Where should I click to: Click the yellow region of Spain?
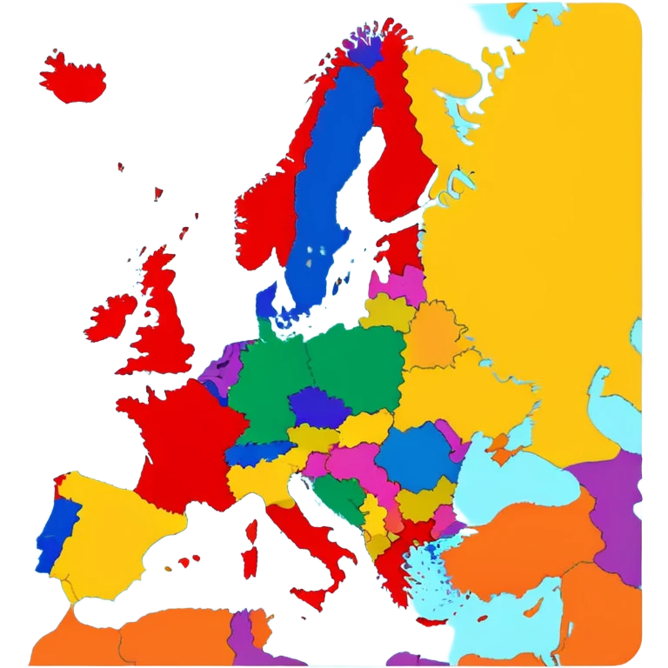point(113,531)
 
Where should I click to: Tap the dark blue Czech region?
point(317,407)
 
